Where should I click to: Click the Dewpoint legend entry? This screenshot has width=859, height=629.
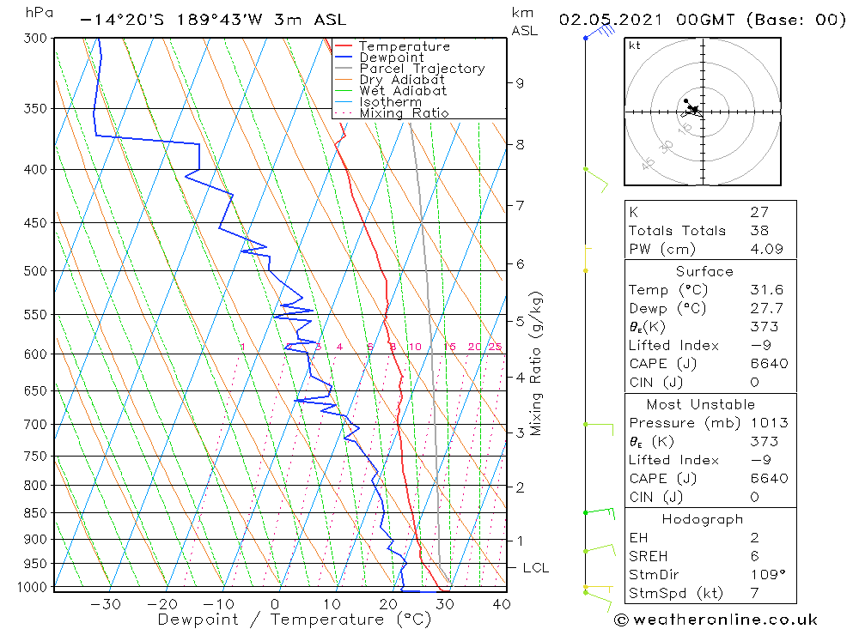tap(391, 57)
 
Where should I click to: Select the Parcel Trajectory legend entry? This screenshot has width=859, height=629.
tap(422, 69)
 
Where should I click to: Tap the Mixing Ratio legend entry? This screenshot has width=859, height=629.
tap(404, 112)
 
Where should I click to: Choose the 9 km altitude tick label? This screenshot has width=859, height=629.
tap(520, 82)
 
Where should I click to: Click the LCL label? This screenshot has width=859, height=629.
tap(535, 568)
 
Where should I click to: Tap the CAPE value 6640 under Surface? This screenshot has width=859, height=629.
tap(768, 364)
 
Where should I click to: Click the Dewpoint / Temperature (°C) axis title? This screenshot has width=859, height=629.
tap(294, 619)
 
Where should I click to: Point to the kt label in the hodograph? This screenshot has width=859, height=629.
tap(635, 45)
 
